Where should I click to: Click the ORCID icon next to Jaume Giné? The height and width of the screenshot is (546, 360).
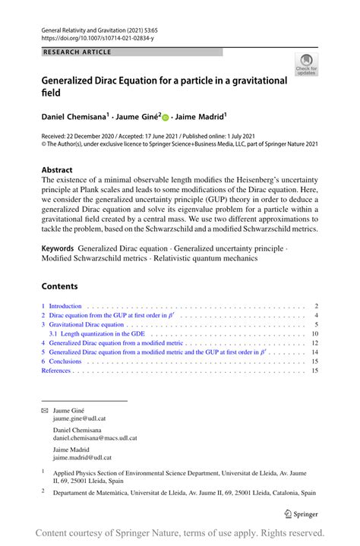tap(166, 117)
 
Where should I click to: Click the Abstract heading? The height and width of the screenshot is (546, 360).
tap(57, 170)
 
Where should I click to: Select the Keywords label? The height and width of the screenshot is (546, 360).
tap(58, 248)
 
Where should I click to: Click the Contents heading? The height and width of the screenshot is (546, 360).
tap(59, 286)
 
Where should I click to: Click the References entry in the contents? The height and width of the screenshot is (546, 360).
tap(56, 371)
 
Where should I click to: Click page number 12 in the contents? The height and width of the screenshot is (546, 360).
tap(314, 343)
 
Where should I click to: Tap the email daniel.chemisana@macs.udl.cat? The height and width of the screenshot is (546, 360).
tap(95, 438)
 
